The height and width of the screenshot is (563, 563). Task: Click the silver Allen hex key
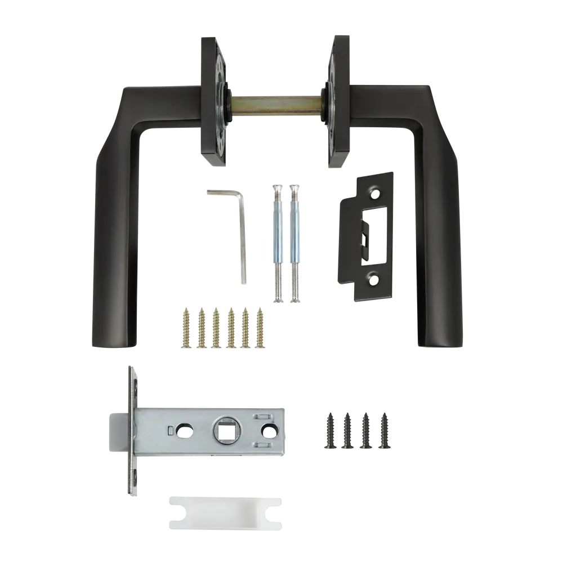pos(242,236)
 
